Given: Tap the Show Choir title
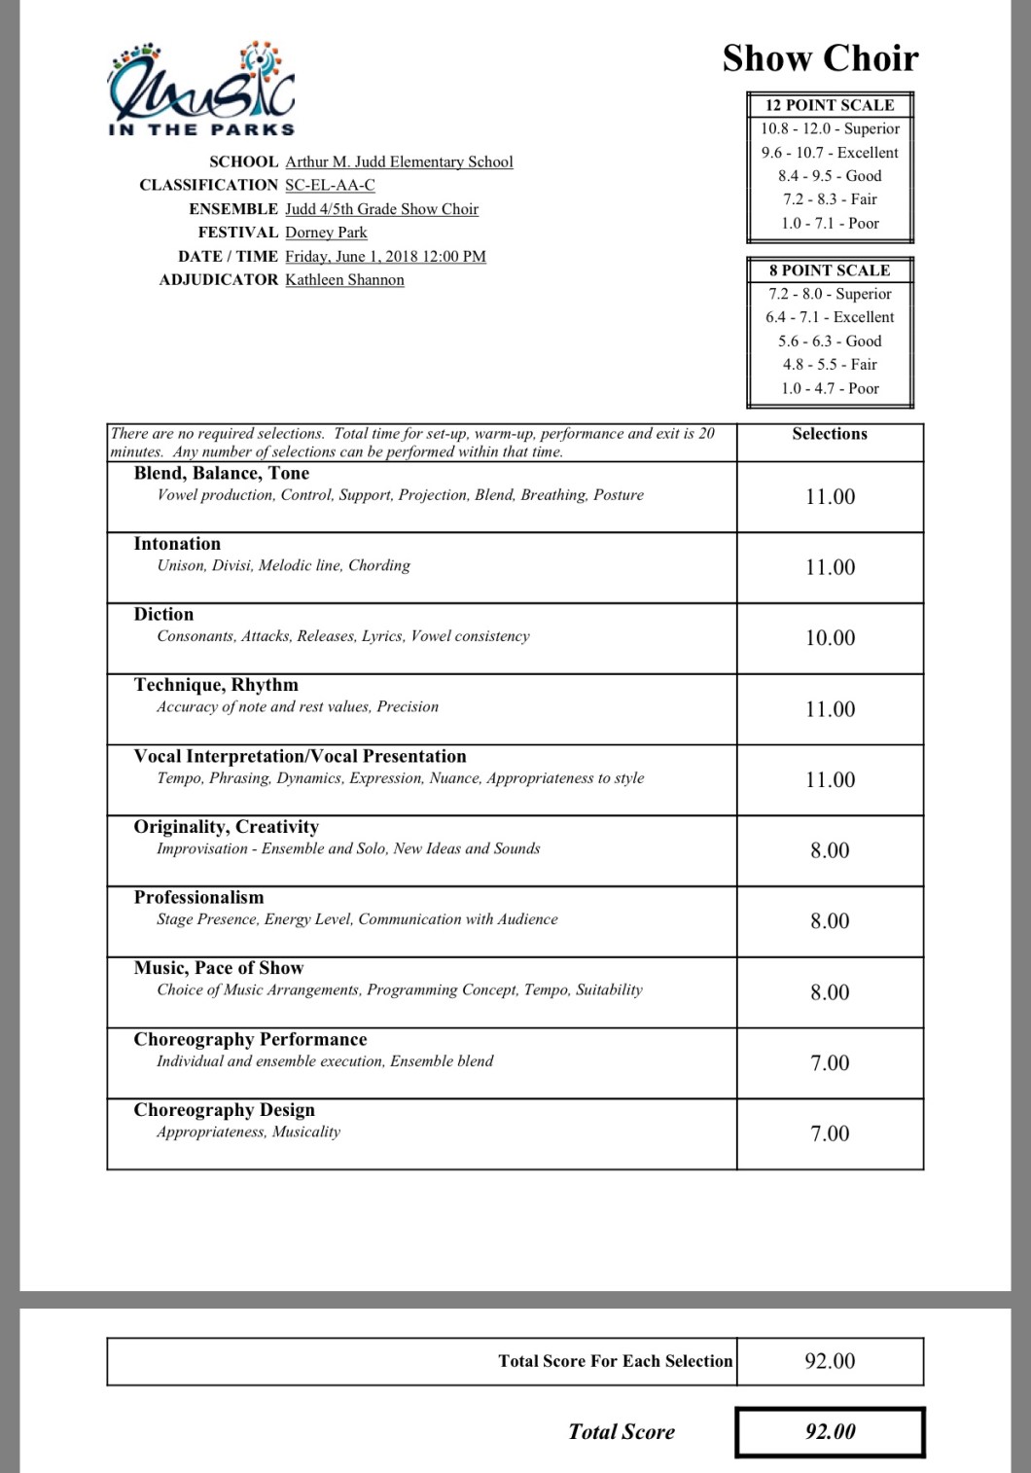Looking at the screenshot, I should (820, 58).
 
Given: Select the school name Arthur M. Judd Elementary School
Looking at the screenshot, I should (399, 162).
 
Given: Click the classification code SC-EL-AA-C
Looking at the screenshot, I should (330, 185).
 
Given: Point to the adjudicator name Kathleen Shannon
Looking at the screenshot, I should (344, 279).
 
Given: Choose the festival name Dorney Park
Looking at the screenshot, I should (326, 233).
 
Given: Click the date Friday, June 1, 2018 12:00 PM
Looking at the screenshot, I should (385, 256).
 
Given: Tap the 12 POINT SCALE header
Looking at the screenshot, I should (830, 105).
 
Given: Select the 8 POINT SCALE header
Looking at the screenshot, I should (830, 270).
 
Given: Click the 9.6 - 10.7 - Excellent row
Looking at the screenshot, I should (830, 153).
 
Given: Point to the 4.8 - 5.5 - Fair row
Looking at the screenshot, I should (830, 365).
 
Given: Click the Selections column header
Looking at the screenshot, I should (830, 434).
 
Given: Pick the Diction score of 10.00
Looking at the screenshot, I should (830, 638).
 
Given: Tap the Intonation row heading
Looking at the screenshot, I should (177, 544).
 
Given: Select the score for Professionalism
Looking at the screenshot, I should (830, 921).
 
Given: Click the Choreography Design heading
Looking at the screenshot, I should (225, 1110).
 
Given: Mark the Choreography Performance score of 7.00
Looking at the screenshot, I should (830, 1063).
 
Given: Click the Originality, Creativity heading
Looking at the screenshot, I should (227, 827).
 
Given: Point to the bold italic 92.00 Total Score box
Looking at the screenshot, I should (830, 1432).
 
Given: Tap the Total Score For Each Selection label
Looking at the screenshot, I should (615, 1361).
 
